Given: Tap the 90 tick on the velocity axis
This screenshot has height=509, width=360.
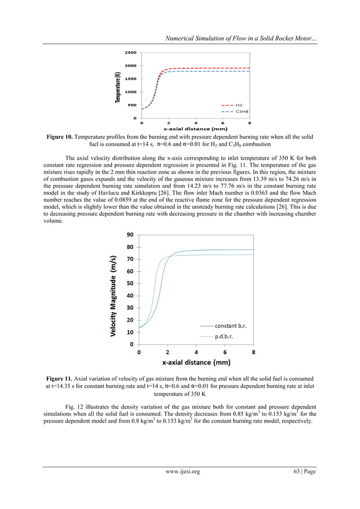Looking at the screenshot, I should [129, 235].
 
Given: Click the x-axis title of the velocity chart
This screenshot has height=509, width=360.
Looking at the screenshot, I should [196, 362].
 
